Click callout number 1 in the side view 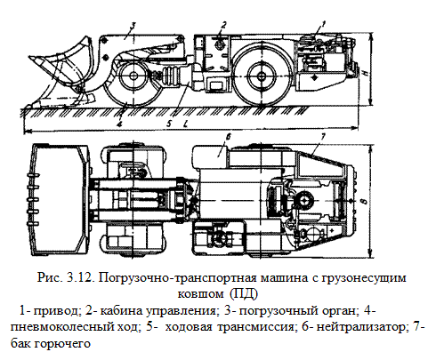(x=323, y=23)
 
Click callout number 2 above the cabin (x=224, y=25)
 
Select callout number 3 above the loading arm (x=133, y=26)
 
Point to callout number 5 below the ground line (x=169, y=124)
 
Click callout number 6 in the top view (x=230, y=137)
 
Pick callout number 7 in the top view (x=323, y=136)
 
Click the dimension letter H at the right (x=366, y=72)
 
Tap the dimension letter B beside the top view (x=365, y=202)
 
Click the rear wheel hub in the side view (x=262, y=76)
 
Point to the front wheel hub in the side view (x=133, y=76)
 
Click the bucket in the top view (x=61, y=200)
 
